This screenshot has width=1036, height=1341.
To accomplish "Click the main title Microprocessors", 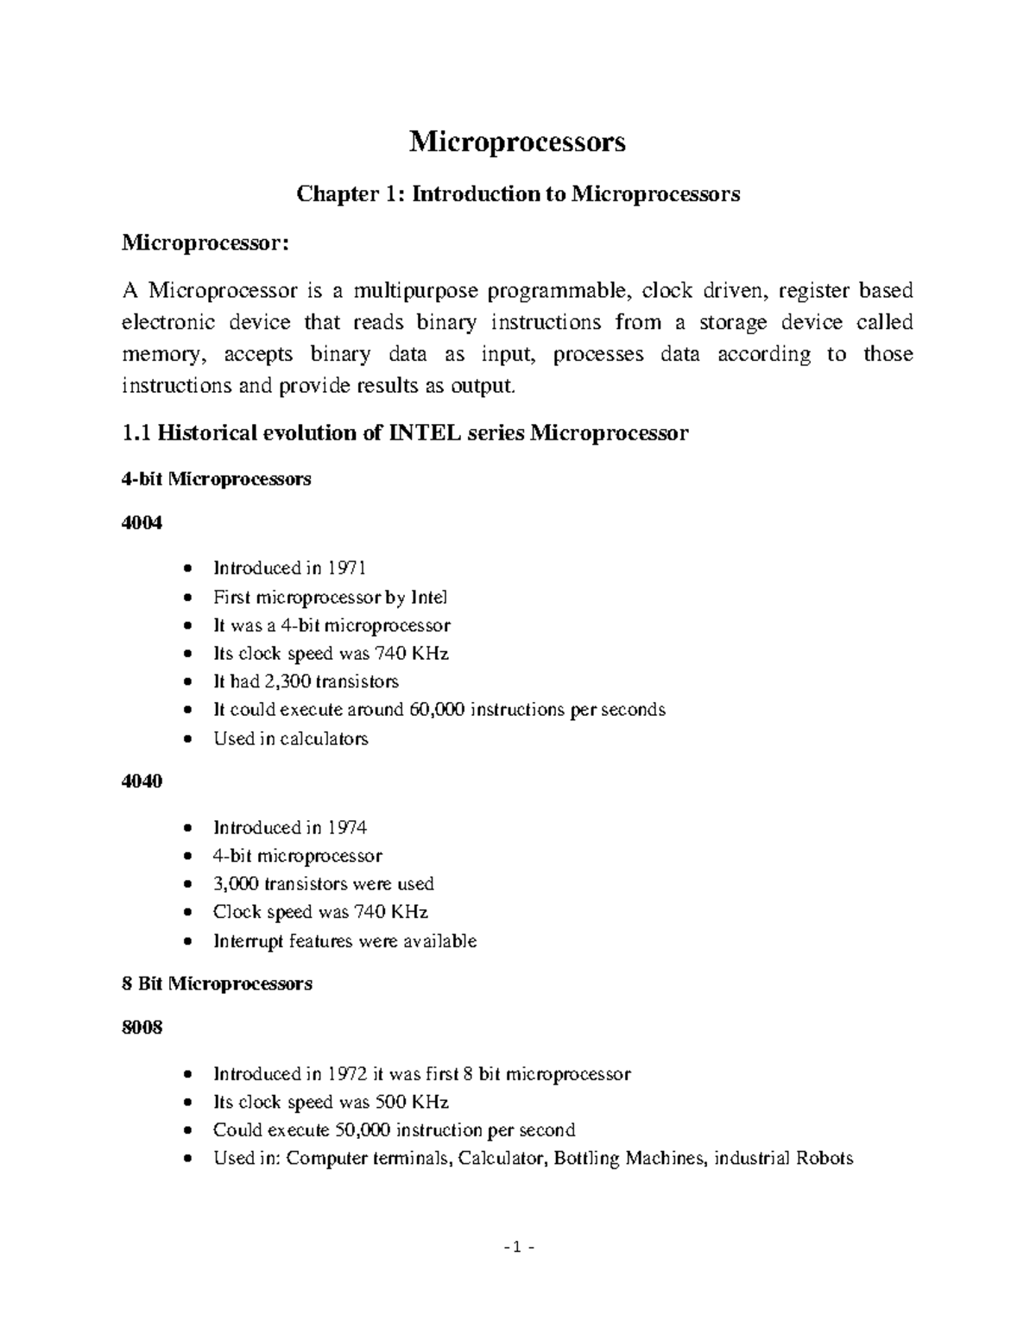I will [517, 142].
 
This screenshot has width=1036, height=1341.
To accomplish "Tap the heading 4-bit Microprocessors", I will [218, 479].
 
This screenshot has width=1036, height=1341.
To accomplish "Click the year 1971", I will [347, 568].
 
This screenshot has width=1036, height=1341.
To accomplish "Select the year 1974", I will [347, 828].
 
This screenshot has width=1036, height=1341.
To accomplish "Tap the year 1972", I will [347, 1074].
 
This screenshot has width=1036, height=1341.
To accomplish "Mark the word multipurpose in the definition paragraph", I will [413, 291].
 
